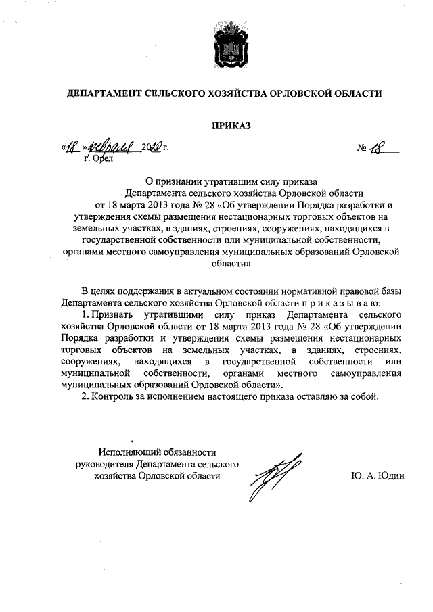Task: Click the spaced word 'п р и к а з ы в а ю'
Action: pyautogui.click(x=340, y=302)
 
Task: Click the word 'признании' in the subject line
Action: pyautogui.click(x=182, y=180)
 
